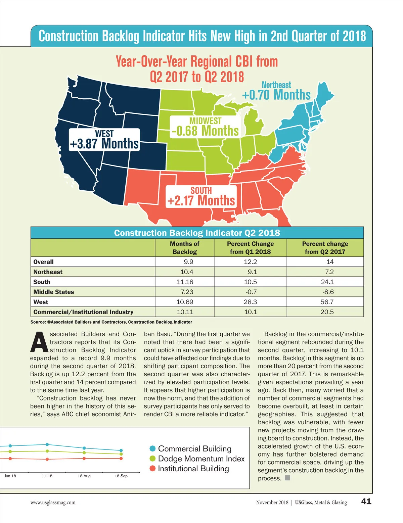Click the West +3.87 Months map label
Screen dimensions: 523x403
pos(104,140)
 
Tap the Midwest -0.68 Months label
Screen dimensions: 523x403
pos(205,127)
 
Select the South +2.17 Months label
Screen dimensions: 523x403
pos(201,197)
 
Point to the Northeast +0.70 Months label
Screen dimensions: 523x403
pos(276,91)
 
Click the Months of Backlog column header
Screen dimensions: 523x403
pos(184,248)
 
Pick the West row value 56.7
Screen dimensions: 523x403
pos(327,302)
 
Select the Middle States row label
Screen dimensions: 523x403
pos(54,292)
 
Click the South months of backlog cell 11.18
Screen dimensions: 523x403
pos(185,282)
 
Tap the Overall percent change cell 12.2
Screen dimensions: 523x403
pos(250,261)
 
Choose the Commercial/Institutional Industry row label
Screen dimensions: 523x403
pos(83,312)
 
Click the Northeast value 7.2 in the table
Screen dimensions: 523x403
pos(329,272)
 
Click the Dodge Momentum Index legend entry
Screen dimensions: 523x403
pos(201,459)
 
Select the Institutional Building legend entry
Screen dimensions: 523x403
pos(193,469)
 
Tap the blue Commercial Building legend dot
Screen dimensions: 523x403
pos(152,448)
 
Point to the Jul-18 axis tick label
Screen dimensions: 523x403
pos(47,476)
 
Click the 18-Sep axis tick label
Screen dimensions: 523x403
pos(121,476)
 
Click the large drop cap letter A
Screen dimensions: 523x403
pos(39,342)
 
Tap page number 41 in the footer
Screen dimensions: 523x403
pos(366,501)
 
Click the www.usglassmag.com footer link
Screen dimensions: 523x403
pos(53,503)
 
